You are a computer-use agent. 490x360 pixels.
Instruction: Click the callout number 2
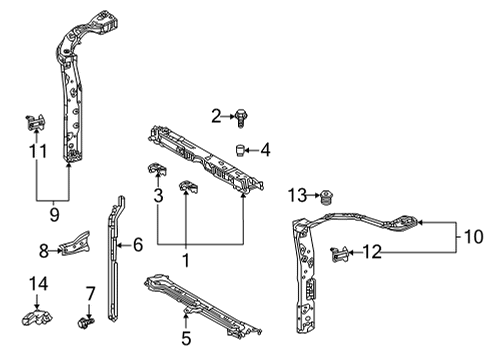[215, 116]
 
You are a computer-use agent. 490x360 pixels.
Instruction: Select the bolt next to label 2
[242, 118]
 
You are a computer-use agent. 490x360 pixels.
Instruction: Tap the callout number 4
[265, 151]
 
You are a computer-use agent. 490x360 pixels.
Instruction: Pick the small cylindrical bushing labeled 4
[242, 150]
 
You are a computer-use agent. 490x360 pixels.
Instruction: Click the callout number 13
[297, 193]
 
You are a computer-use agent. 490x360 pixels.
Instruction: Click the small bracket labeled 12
[341, 254]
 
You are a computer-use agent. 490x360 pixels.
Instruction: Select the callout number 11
[37, 152]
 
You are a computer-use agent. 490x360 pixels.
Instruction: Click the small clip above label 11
[34, 124]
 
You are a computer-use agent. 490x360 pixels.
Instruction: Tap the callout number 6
[139, 243]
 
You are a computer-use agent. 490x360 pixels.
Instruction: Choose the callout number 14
[37, 284]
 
